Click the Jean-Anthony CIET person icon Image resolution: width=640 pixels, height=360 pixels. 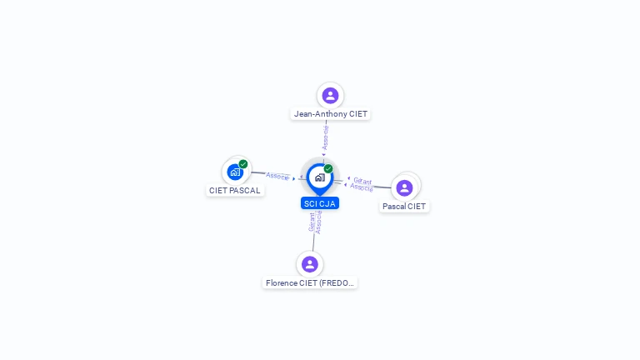pyautogui.click(x=330, y=96)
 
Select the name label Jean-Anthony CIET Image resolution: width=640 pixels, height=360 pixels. pyautogui.click(x=330, y=114)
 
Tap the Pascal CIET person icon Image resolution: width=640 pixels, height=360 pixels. pyautogui.click(x=404, y=188)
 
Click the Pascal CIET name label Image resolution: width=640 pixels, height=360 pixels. pyautogui.click(x=404, y=207)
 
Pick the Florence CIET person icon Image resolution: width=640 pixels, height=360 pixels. pyautogui.click(x=310, y=264)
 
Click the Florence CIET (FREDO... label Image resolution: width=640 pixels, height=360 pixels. pyautogui.click(x=310, y=283)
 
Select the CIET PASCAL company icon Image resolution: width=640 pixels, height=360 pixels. pyautogui.click(x=235, y=172)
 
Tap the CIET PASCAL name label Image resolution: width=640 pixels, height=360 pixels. pyautogui.click(x=235, y=191)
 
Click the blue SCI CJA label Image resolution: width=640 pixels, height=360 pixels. pyautogui.click(x=320, y=203)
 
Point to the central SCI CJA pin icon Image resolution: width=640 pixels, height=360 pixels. pyautogui.click(x=319, y=177)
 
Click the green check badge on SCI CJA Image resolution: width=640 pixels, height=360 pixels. pyautogui.click(x=328, y=169)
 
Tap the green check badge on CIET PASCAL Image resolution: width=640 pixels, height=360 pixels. pyautogui.click(x=243, y=164)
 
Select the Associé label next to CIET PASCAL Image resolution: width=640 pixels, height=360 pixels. pyautogui.click(x=277, y=176)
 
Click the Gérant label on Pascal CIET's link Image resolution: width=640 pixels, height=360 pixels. pyautogui.click(x=362, y=181)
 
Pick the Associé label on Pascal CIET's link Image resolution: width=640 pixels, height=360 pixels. pyautogui.click(x=362, y=187)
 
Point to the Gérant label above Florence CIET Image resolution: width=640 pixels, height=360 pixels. pyautogui.click(x=312, y=222)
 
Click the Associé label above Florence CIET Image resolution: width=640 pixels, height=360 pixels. pyautogui.click(x=318, y=222)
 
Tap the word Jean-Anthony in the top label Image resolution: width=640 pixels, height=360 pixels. pyautogui.click(x=314, y=114)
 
